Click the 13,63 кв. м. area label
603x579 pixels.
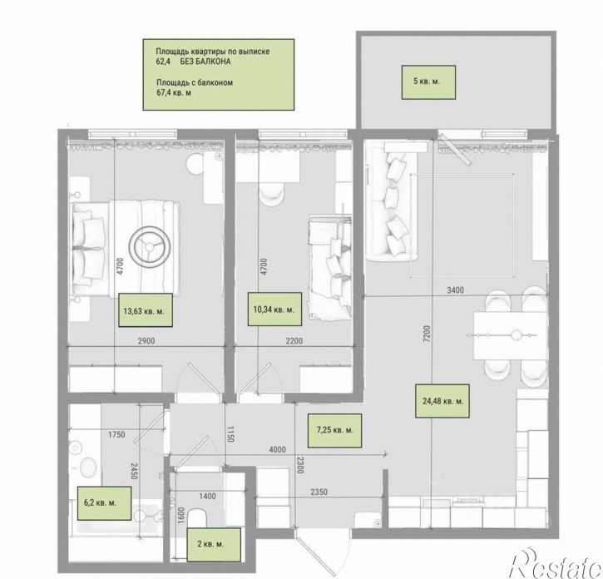pos(145,310)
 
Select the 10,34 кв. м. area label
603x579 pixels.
pos(274,309)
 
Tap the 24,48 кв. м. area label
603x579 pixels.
pos(442,401)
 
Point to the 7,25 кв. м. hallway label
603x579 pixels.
pos(334,430)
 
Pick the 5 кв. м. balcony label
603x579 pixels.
pos(428,82)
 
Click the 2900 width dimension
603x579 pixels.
pos(146,341)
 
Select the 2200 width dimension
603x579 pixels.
pos(294,341)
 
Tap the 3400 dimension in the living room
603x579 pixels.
pos(455,290)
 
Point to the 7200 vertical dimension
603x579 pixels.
pos(427,334)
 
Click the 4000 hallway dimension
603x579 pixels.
pos(277,449)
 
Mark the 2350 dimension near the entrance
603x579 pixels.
pos(319,492)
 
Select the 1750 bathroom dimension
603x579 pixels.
pos(116,434)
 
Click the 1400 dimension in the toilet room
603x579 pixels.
pos(207,497)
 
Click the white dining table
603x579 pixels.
pos(511,335)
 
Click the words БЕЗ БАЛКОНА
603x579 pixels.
pos(205,62)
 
